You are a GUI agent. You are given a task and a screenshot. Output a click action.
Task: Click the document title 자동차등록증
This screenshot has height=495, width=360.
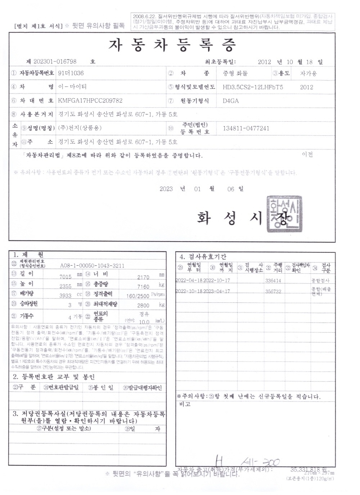(x=172, y=45)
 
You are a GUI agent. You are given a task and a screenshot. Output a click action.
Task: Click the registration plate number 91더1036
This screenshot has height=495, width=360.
(x=71, y=73)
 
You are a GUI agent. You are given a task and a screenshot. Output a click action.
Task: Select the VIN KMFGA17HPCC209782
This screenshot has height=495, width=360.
(x=90, y=101)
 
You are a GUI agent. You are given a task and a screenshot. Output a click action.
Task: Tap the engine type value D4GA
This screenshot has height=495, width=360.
(x=231, y=101)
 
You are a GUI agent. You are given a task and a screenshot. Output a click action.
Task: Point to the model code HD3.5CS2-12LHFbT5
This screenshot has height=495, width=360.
(x=253, y=87)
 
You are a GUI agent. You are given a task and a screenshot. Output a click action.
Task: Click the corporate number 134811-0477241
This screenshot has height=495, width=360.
(x=246, y=129)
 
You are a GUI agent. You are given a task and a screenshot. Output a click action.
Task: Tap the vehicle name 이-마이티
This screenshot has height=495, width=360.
(x=72, y=87)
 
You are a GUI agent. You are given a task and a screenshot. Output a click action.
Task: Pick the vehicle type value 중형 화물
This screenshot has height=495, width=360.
(x=235, y=73)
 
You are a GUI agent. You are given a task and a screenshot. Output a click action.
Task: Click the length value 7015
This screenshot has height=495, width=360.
(x=66, y=276)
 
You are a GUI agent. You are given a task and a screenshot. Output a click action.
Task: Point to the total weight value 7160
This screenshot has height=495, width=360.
(x=143, y=287)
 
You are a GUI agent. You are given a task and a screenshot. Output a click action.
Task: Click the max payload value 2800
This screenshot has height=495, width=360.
(x=143, y=305)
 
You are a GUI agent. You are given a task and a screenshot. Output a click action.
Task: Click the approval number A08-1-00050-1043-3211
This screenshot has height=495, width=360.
(x=93, y=266)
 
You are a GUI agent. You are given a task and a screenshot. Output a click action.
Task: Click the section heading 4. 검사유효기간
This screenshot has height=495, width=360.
(x=203, y=257)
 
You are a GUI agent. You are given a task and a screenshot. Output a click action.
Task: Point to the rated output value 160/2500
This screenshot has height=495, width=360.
(x=138, y=296)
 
